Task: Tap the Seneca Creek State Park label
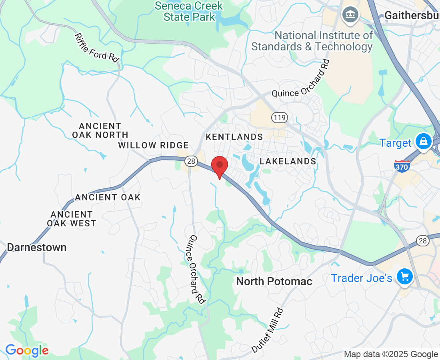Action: pyautogui.click(x=189, y=11)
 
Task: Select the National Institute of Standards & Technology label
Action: pyautogui.click(x=312, y=41)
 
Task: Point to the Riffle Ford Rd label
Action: pyautogui.click(x=97, y=47)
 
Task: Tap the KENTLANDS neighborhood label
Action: pyautogui.click(x=234, y=137)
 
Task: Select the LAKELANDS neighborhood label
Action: pyautogui.click(x=288, y=161)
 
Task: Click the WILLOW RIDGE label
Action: pyautogui.click(x=153, y=145)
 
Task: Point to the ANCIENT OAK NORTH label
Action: pyautogui.click(x=100, y=130)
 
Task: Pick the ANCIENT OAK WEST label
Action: pyautogui.click(x=72, y=219)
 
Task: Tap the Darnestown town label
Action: pyautogui.click(x=37, y=247)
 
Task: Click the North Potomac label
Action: pyautogui.click(x=274, y=281)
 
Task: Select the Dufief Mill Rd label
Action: pyautogui.click(x=268, y=330)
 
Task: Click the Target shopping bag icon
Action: pyautogui.click(x=423, y=142)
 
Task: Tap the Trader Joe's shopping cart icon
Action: pyautogui.click(x=404, y=276)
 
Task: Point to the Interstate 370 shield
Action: pyautogui.click(x=401, y=166)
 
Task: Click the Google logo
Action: pyautogui.click(x=27, y=351)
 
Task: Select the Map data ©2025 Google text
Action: pyautogui.click(x=391, y=354)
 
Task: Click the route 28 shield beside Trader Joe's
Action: pyautogui.click(x=423, y=240)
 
